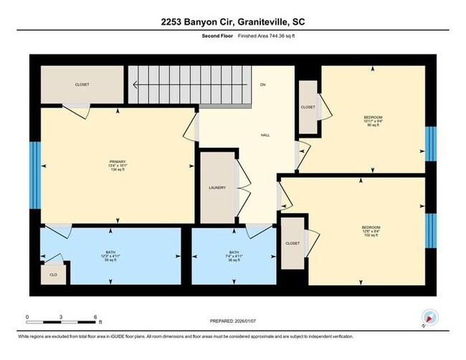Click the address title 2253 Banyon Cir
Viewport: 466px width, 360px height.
click(x=233, y=22)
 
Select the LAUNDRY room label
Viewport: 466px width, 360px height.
click(x=217, y=188)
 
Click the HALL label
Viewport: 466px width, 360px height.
click(x=264, y=135)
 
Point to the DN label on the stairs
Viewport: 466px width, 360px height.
click(x=263, y=85)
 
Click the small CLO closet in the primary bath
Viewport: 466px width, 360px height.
click(x=53, y=274)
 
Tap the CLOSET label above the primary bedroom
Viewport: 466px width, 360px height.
click(x=82, y=85)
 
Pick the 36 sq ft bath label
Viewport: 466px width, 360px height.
click(x=234, y=256)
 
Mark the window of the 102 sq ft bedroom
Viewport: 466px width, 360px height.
click(x=431, y=227)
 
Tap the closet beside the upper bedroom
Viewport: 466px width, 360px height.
click(x=308, y=108)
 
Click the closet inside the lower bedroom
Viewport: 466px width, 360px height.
click(x=293, y=243)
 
